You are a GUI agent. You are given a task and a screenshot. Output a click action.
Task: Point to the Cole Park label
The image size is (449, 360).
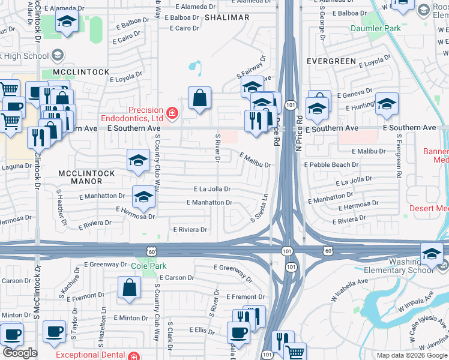[x=148, y=265]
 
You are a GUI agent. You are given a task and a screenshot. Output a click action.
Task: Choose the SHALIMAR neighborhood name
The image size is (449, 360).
[x=226, y=17]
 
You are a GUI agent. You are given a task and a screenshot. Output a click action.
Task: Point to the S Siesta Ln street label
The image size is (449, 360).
[x=260, y=208]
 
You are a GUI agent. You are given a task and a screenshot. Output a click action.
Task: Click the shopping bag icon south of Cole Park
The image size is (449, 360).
[x=130, y=287]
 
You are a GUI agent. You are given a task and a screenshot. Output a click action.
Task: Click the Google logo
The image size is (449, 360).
[x=20, y=353]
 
